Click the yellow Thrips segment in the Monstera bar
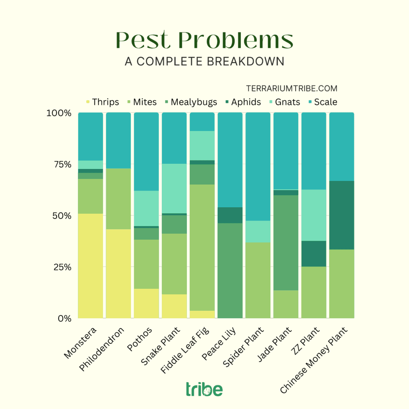90,266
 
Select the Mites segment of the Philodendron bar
118,199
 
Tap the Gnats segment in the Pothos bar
146,208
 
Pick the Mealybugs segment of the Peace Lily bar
230,270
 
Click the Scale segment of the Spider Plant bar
258,166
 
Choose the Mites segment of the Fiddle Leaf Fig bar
202,247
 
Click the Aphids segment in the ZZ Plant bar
314,253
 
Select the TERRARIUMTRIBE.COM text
292,88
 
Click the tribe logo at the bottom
204,389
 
